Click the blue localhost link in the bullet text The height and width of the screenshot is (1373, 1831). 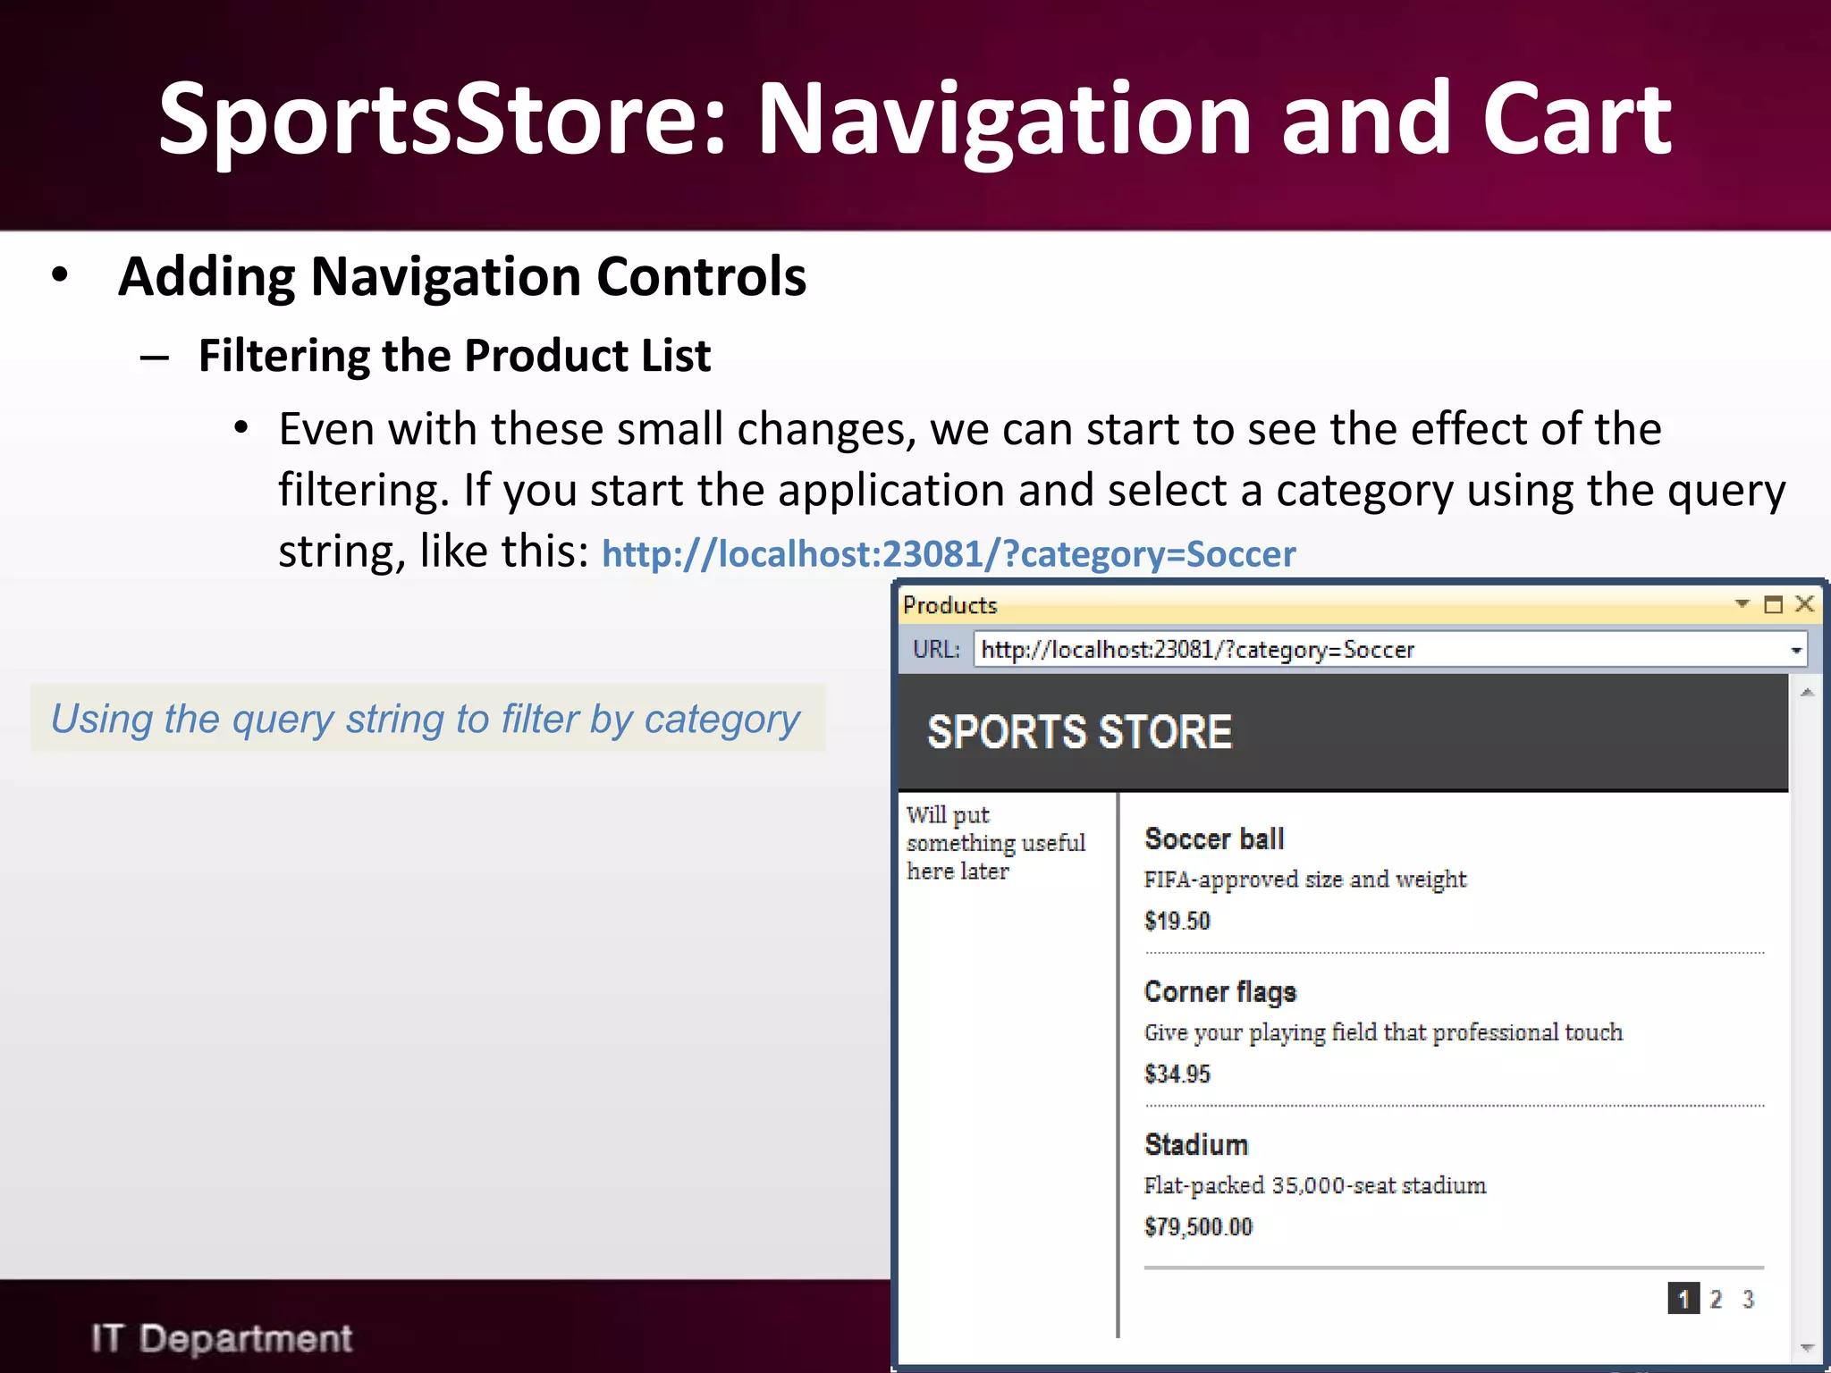949,554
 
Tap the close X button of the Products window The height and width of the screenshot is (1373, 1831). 1804,604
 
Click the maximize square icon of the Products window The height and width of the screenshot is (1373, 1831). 1773,605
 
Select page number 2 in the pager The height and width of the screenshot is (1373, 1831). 1716,1299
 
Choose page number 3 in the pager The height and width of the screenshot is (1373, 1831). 1748,1299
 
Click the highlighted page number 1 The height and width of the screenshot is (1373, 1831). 1683,1299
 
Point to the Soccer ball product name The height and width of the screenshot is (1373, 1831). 1214,839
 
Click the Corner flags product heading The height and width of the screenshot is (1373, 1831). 1219,992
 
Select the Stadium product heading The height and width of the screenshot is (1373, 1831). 1196,1145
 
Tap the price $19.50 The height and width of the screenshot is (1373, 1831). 1177,921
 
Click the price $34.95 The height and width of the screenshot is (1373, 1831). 1177,1074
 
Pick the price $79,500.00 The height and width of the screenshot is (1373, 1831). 1198,1226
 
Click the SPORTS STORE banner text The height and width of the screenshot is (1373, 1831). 1079,732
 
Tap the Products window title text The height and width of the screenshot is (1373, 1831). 949,605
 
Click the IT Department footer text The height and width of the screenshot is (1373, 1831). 222,1338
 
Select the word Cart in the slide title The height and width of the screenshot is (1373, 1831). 1576,119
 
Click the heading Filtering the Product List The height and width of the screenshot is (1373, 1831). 454,356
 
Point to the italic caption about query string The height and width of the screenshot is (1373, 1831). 426,719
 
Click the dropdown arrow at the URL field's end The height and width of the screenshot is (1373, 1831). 1795,650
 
